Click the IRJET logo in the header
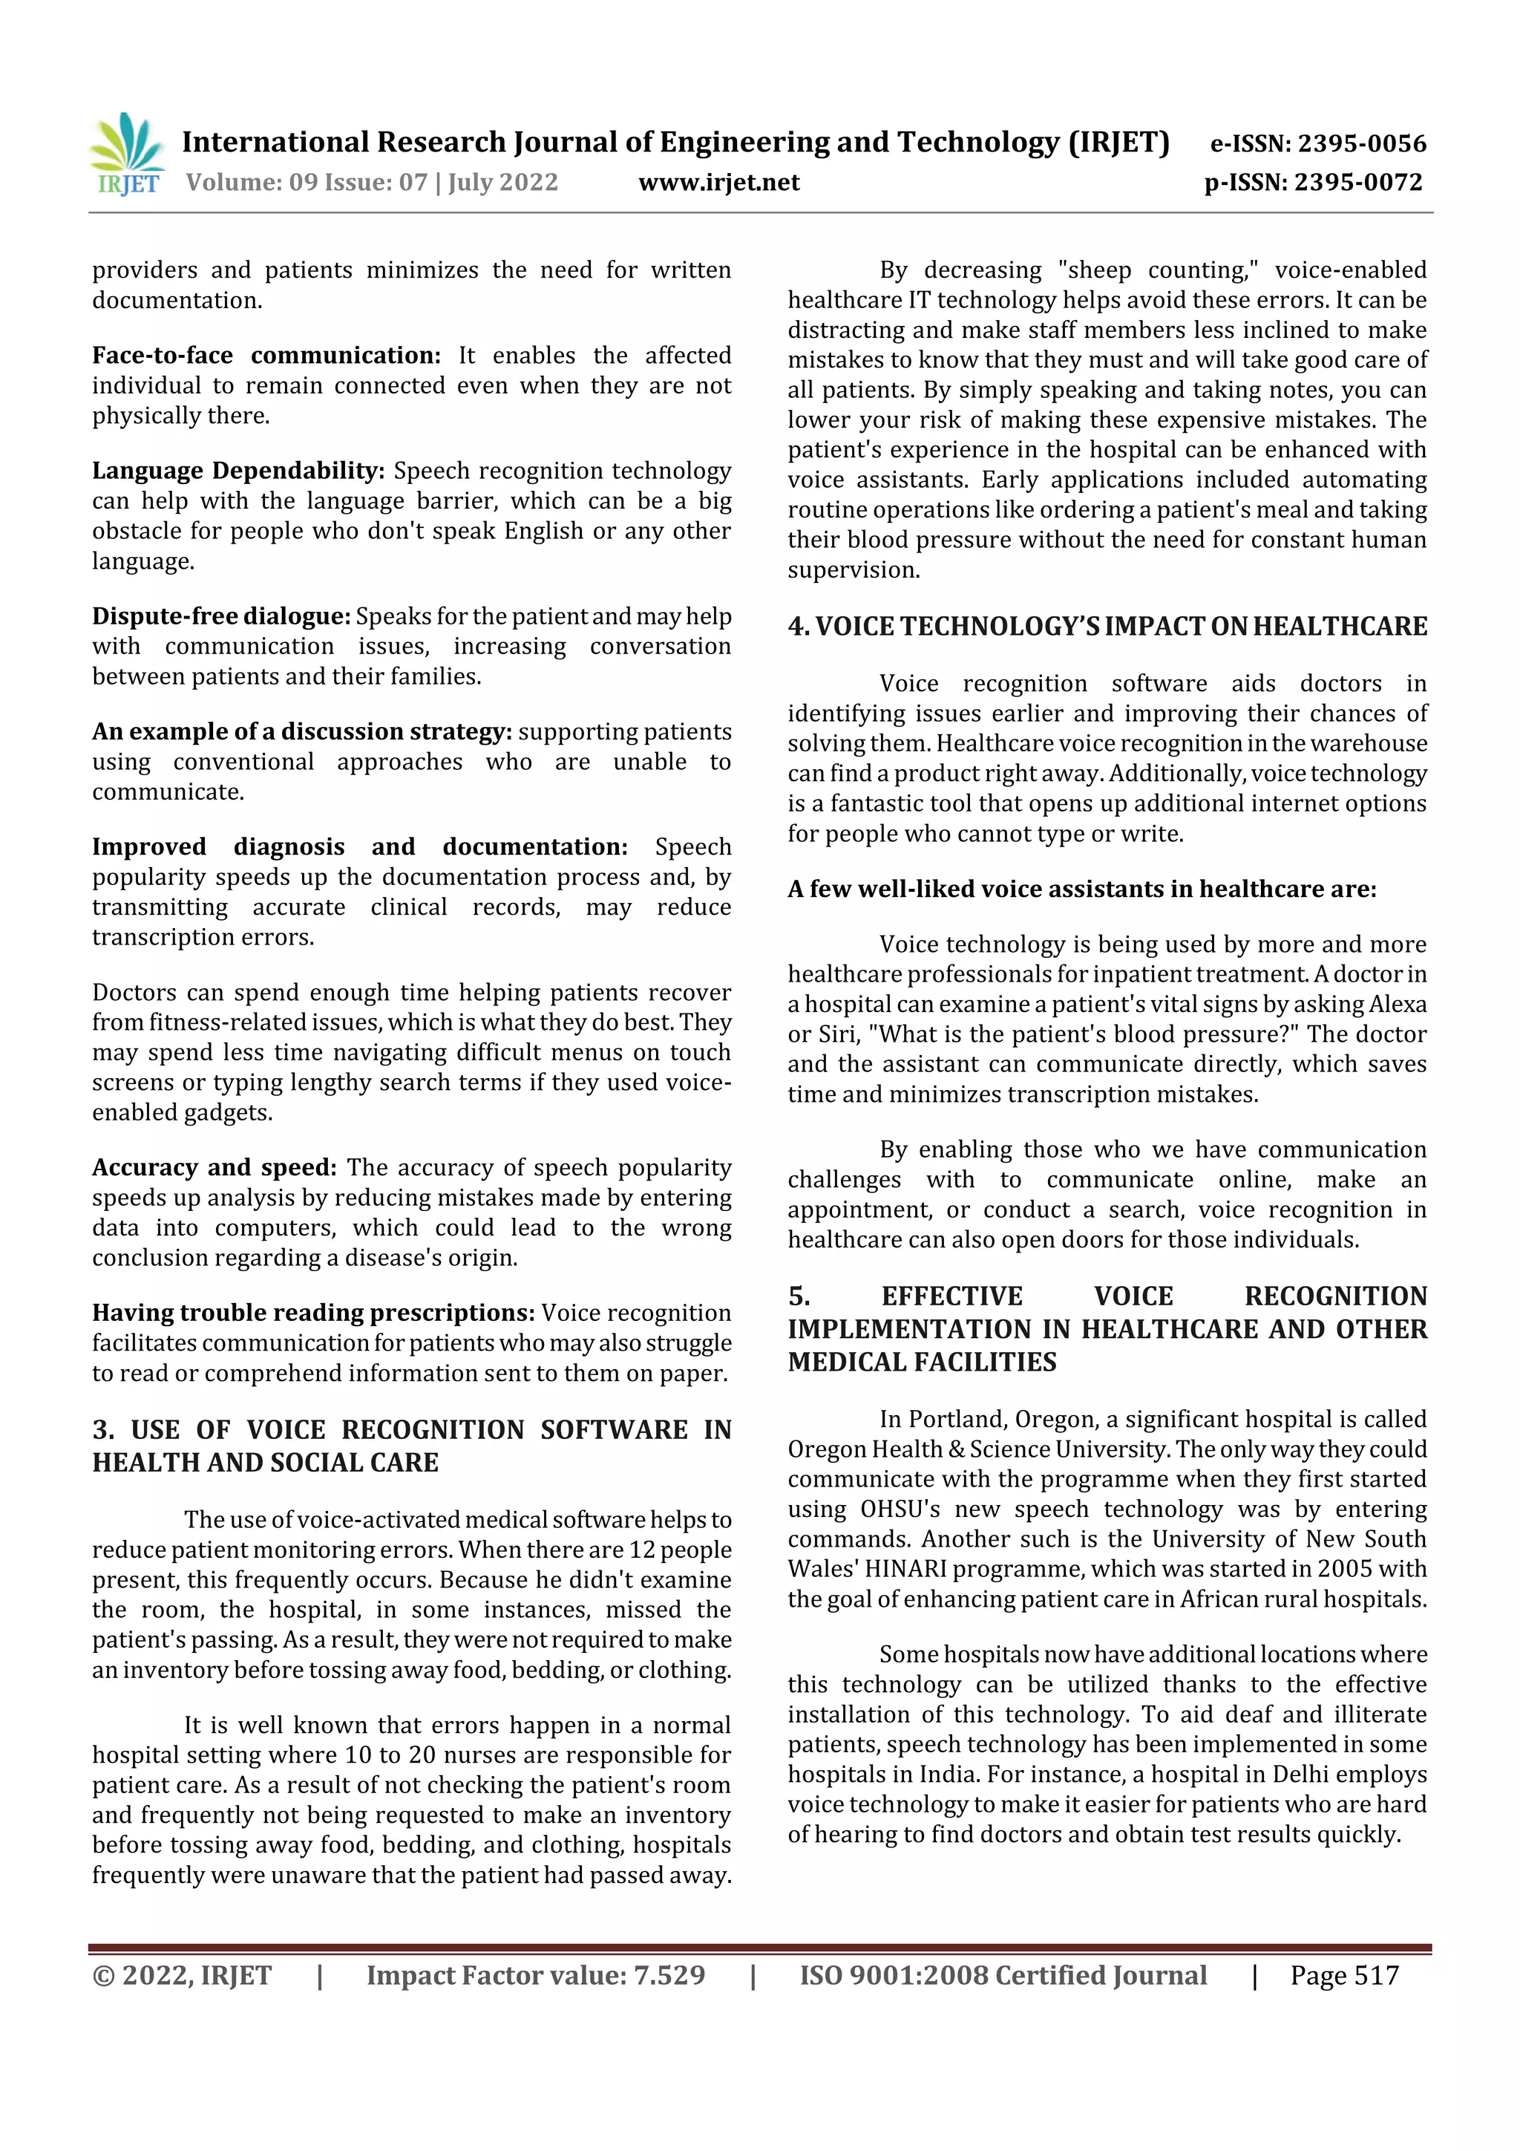point(128,154)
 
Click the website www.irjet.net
point(718,182)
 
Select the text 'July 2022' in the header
point(503,182)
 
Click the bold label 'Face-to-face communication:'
point(266,355)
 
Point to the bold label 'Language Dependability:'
point(238,470)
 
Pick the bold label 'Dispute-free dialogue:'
point(221,616)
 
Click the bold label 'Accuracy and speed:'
point(214,1166)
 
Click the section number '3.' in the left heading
point(104,1429)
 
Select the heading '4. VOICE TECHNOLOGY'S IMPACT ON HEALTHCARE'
point(1107,626)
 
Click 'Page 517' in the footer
point(1344,1975)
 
